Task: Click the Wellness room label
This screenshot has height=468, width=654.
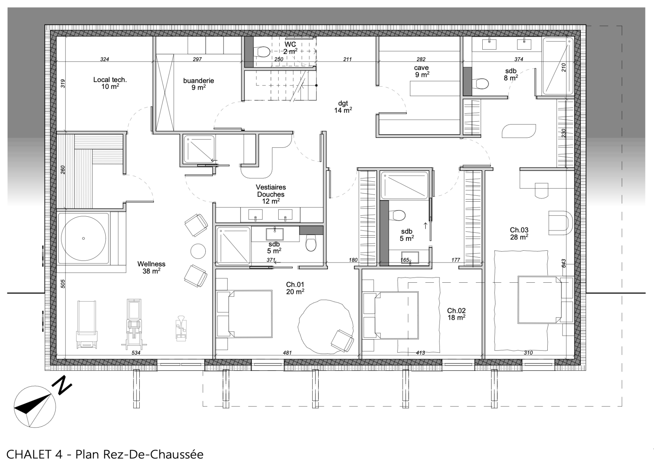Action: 151,267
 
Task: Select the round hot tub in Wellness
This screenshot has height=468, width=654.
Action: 83,238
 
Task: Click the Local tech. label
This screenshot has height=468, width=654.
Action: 110,83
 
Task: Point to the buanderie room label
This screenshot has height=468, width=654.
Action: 199,84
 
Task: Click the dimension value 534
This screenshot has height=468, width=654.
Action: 136,353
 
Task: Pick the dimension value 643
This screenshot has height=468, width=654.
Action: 563,263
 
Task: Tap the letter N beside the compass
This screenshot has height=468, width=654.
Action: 62,385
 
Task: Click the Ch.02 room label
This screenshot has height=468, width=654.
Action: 456,314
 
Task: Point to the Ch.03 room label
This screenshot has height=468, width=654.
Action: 519,234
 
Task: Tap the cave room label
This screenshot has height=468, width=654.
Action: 422,71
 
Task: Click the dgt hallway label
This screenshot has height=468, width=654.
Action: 343,107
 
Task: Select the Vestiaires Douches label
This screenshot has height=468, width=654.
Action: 271,194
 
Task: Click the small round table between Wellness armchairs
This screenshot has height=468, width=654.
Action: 198,251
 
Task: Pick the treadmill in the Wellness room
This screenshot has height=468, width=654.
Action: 87,324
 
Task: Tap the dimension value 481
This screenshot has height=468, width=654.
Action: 287,353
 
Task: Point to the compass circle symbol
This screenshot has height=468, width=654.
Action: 34,407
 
